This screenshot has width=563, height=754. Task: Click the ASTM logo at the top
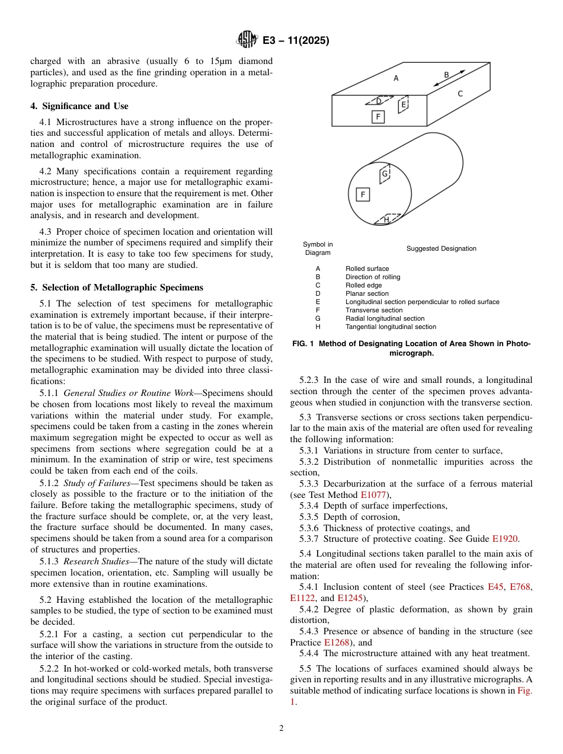pos(246,40)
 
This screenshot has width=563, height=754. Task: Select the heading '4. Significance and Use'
pos(79,106)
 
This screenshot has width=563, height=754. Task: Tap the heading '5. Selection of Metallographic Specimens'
pos(117,287)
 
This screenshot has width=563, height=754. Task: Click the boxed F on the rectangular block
pos(378,117)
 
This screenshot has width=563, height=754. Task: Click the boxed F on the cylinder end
pos(362,194)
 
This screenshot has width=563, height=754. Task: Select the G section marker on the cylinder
pos(384,174)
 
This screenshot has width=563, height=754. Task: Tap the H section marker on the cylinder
pos(386,219)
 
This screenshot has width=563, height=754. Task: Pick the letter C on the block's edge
pos(460,94)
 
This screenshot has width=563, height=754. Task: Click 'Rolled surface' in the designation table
pos(367,269)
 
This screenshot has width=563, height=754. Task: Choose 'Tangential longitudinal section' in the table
pos(391,327)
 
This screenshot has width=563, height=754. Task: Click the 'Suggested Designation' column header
pos(441,248)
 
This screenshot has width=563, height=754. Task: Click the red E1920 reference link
pos(504,539)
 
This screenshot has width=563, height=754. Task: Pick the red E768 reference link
pos(521,587)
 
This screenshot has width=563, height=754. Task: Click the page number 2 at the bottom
pos(281,729)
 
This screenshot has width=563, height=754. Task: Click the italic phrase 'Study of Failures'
pos(97,483)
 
